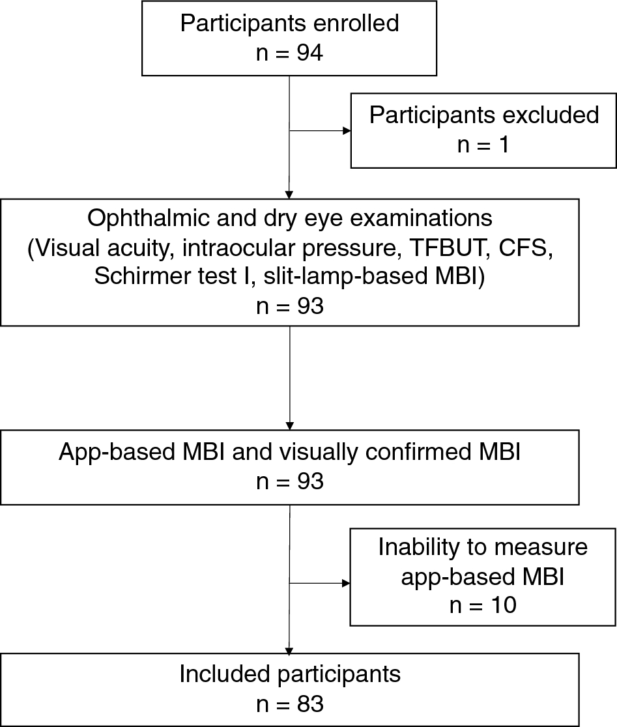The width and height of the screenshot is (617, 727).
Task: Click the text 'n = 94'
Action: pos(289,53)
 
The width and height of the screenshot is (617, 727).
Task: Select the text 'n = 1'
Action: pos(483,145)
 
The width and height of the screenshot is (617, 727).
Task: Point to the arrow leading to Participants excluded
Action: pos(319,130)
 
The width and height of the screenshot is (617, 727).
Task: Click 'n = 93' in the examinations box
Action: pos(289,306)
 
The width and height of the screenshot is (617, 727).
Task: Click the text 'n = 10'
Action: pos(483,605)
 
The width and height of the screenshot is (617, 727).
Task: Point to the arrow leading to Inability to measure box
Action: pos(319,583)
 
